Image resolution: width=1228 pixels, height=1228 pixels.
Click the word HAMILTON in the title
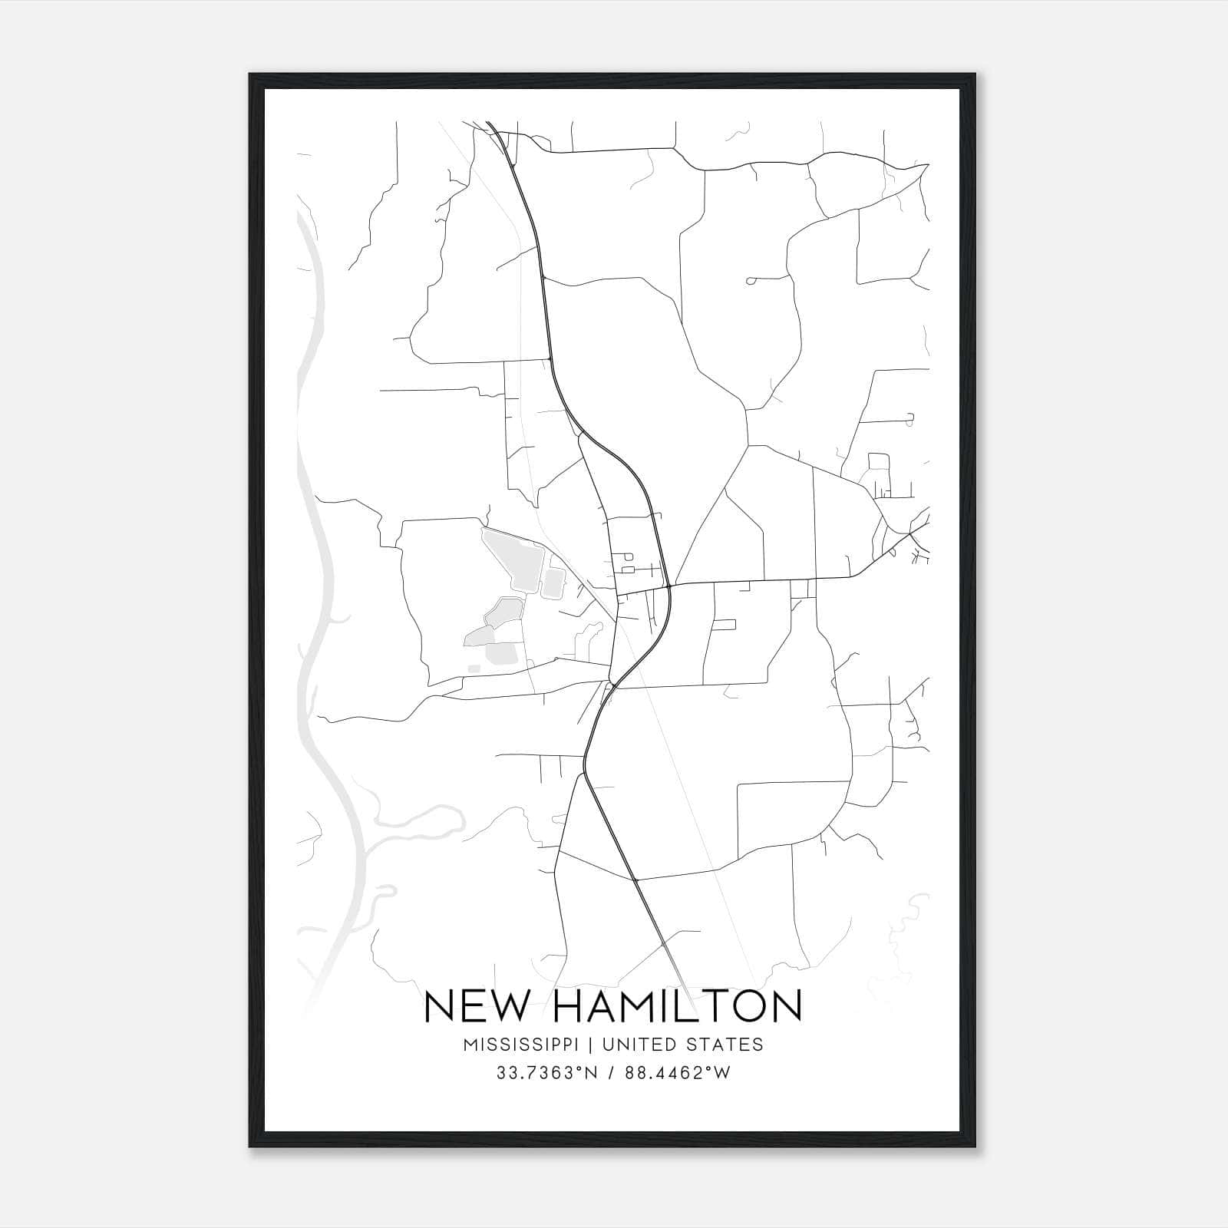click(x=676, y=1006)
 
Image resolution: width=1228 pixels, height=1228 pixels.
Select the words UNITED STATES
click(x=683, y=1045)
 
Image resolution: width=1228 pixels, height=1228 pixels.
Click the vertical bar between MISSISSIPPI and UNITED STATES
click(x=596, y=1045)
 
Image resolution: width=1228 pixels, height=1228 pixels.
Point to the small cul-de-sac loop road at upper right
click(x=750, y=281)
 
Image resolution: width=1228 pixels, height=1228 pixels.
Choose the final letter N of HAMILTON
click(x=786, y=1006)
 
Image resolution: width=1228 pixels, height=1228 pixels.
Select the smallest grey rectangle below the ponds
click(x=474, y=669)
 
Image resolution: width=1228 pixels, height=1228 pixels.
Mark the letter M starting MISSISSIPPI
click(x=470, y=1045)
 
